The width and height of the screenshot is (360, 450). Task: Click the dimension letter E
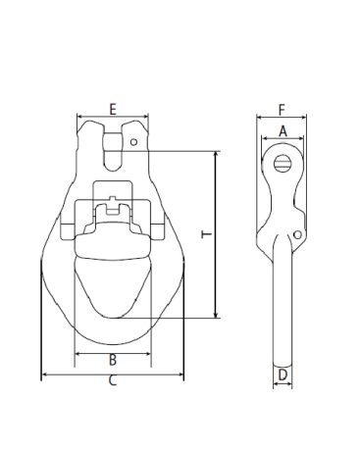pos(113,109)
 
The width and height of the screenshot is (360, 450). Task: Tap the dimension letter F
pos(282,110)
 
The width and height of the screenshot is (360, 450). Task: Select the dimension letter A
pos(283,131)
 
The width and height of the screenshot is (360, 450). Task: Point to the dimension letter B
pos(113,360)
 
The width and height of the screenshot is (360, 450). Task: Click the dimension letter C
pos(113,380)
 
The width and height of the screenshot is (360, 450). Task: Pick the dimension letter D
pos(283,375)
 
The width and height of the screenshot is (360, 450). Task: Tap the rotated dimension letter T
pos(207,234)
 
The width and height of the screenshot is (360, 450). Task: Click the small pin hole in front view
pos(133,142)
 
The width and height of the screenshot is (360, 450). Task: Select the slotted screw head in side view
pos(283,163)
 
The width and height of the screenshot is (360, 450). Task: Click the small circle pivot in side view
pos(297,234)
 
